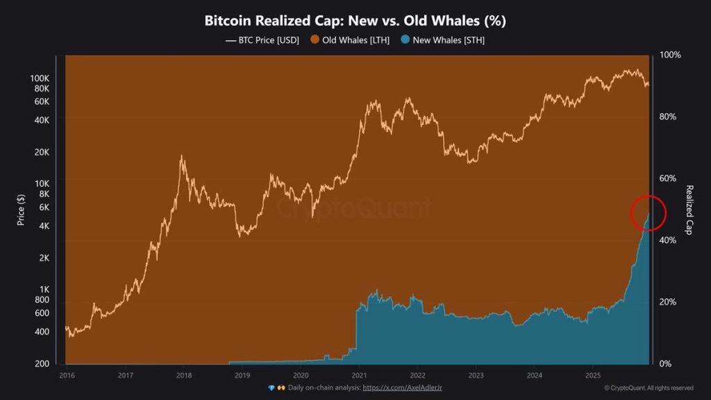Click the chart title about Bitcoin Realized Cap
[355, 21]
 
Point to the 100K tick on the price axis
[40, 78]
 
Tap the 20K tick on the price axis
[42, 152]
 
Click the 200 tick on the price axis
[42, 364]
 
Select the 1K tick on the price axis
[44, 290]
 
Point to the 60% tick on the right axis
[667, 178]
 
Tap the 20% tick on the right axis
[667, 302]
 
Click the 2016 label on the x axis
[66, 375]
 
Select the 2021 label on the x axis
[358, 375]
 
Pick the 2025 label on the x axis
[592, 375]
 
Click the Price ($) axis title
[21, 209]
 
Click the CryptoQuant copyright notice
[648, 387]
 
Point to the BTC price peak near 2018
[182, 157]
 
